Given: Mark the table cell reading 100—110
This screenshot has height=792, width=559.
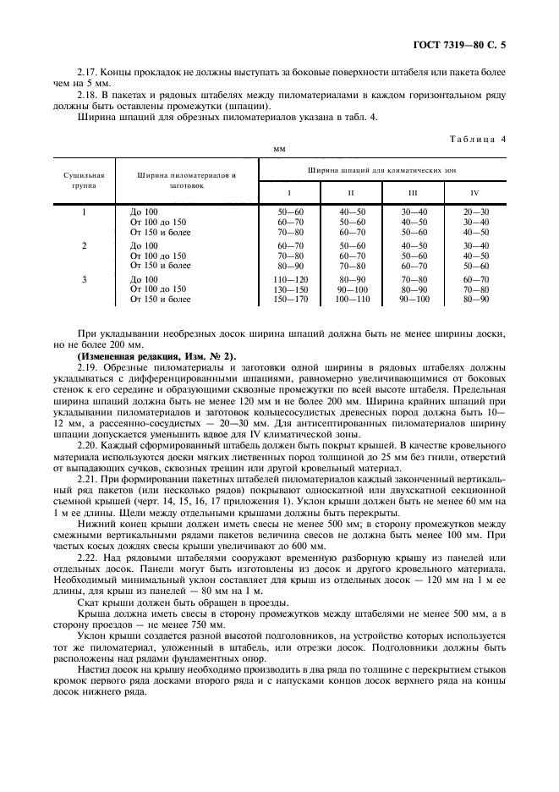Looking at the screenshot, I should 353,299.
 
